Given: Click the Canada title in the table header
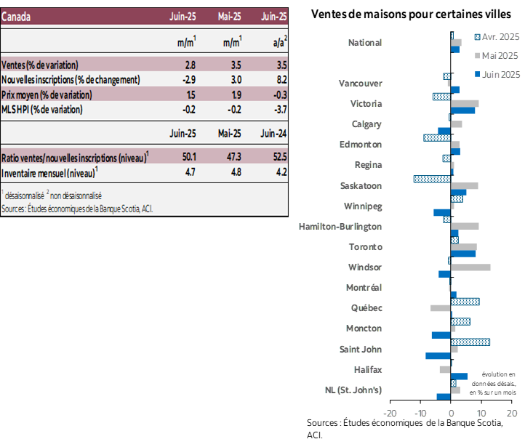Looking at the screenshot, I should [17, 17].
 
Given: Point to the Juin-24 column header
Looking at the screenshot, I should [273, 133].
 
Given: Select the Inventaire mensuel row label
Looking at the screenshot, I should [49, 172].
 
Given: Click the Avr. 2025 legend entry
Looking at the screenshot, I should [496, 37].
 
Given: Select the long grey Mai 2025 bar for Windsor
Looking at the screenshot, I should [470, 267].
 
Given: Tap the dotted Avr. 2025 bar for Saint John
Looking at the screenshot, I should [470, 342].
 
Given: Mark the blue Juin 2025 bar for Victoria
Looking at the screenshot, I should [463, 110].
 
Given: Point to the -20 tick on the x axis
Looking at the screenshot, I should [390, 414].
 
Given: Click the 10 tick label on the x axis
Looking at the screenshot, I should [481, 414].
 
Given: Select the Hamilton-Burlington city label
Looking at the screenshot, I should [340, 227].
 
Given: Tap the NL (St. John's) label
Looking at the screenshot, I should [353, 390].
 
